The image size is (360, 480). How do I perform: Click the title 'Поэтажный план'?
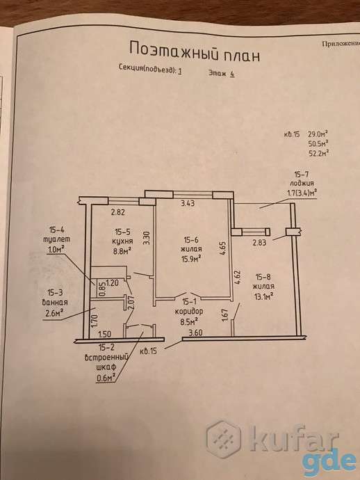coord(195,52)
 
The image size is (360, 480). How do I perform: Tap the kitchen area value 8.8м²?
coord(122,250)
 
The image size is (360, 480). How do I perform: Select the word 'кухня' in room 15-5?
coord(122,241)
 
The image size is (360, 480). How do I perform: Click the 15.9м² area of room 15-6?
coord(191,258)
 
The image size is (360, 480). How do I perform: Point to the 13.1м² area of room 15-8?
coord(263,296)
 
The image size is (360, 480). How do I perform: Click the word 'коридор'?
coord(189,312)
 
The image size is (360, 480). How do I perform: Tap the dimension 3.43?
coord(188,202)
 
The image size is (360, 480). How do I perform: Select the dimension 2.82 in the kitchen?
coord(117,212)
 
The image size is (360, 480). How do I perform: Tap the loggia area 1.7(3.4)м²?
coord(302,193)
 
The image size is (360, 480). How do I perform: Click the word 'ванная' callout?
coord(56,302)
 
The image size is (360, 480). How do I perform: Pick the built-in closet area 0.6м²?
coord(106,378)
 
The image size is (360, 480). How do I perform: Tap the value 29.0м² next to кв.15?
coord(318,134)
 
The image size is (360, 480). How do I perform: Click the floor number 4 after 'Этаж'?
coord(232,74)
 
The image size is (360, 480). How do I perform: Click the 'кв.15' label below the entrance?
coord(148,351)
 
